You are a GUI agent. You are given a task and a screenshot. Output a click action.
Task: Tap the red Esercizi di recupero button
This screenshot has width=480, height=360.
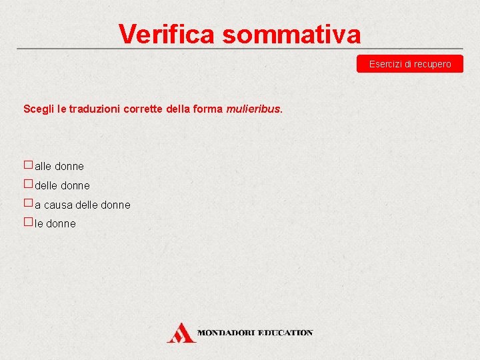[410, 64]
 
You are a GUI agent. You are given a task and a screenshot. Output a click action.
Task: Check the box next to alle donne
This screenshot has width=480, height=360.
[28, 165]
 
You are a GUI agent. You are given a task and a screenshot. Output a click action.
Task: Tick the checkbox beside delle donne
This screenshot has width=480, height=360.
[28, 184]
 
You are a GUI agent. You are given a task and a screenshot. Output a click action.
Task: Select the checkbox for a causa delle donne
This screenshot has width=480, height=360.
[28, 203]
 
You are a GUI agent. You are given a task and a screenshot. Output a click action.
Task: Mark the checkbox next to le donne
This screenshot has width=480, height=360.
[28, 223]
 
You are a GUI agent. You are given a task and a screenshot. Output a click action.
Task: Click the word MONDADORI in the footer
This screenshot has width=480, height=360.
[227, 333]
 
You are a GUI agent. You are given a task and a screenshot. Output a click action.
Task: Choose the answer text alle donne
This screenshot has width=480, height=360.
[59, 166]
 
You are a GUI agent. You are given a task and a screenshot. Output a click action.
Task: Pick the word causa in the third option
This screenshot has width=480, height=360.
[59, 205]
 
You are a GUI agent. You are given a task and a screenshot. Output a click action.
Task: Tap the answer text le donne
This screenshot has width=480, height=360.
[55, 224]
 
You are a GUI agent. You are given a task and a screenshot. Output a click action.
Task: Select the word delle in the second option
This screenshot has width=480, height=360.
[47, 185]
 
